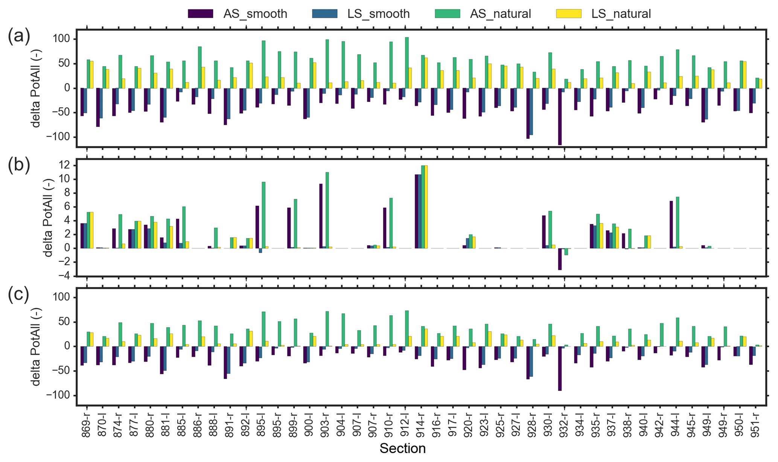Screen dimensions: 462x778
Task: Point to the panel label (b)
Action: tap(18, 166)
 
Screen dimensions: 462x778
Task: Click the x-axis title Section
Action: tap(402, 448)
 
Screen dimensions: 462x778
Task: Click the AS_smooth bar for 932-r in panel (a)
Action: tap(560, 116)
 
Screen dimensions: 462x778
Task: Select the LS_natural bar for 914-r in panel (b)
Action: tap(426, 207)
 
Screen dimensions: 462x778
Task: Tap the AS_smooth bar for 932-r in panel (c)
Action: tap(560, 368)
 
